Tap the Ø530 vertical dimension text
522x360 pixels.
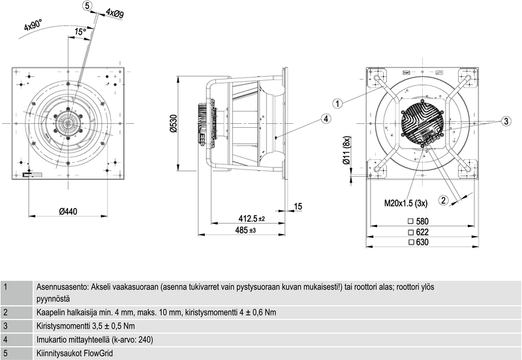[x=173, y=124]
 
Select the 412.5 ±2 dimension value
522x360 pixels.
[x=251, y=218]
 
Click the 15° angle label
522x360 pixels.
[x=80, y=31]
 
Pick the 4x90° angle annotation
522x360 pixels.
[x=33, y=26]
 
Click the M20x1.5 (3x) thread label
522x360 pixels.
[x=406, y=203]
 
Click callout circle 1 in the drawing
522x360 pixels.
[x=337, y=103]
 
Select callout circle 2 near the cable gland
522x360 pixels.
[x=444, y=200]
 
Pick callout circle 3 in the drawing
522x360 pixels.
[x=506, y=121]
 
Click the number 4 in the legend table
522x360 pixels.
[x=5, y=340]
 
